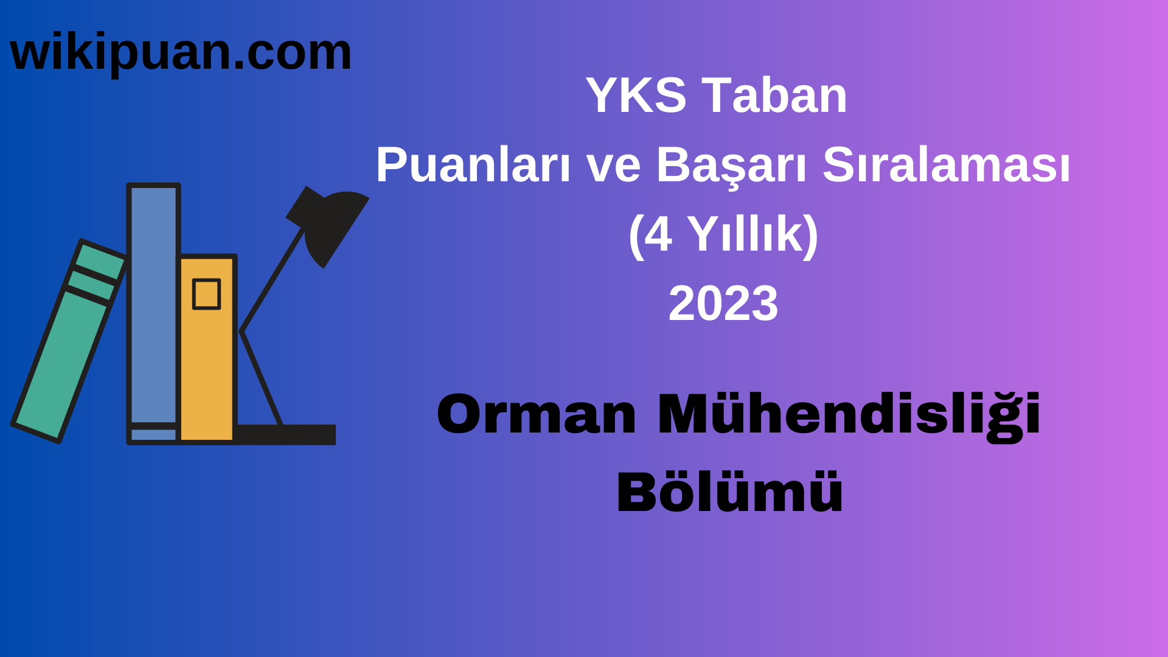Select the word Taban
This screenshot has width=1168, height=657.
[x=774, y=96]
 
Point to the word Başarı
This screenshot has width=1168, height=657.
[x=731, y=166]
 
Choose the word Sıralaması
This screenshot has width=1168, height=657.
[x=946, y=165]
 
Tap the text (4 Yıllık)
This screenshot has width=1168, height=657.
[x=723, y=235]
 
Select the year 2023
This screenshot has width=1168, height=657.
[x=723, y=304]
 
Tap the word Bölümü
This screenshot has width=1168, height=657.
[x=729, y=493]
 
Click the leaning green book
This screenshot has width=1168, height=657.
[x=61, y=365]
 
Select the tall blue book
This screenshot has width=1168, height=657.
[x=153, y=304]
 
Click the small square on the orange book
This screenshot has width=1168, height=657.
[x=206, y=294]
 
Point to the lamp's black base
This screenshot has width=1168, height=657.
[x=286, y=434]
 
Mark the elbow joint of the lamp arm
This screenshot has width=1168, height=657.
[x=242, y=332]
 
